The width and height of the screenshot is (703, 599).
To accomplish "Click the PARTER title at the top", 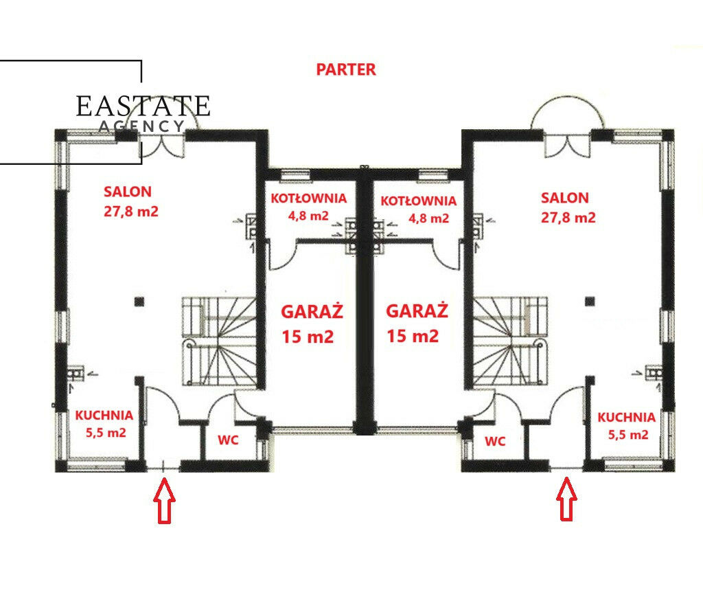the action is [346, 69].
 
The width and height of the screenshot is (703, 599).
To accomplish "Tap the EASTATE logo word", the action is [143, 106].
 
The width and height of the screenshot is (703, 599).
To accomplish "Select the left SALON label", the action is [128, 192].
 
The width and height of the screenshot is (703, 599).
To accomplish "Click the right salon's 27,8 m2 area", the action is [568, 218].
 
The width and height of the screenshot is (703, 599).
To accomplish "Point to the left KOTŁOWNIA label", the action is [309, 199].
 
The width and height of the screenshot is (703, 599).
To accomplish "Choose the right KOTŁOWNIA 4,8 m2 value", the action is [428, 218].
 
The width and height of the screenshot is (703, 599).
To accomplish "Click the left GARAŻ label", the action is [312, 311].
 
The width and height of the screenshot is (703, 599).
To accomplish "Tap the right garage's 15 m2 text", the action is [413, 336].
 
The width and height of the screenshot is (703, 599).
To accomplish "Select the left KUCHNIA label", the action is [104, 416].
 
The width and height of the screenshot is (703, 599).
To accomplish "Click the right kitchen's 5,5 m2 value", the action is [628, 435].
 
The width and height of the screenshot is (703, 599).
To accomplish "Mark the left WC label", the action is [228, 440].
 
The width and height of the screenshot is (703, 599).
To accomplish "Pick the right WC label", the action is [495, 442].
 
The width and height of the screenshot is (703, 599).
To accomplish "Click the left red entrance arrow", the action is [164, 501].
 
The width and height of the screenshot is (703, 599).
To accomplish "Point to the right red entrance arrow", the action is [566, 499].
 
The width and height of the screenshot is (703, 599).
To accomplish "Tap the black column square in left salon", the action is [139, 302].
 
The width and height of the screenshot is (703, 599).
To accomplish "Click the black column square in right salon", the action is [590, 301].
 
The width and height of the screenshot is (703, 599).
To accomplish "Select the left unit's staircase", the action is [219, 341].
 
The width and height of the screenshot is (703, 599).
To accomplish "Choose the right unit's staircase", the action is [511, 341].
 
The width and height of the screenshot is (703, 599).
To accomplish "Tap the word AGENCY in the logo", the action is [141, 126].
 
